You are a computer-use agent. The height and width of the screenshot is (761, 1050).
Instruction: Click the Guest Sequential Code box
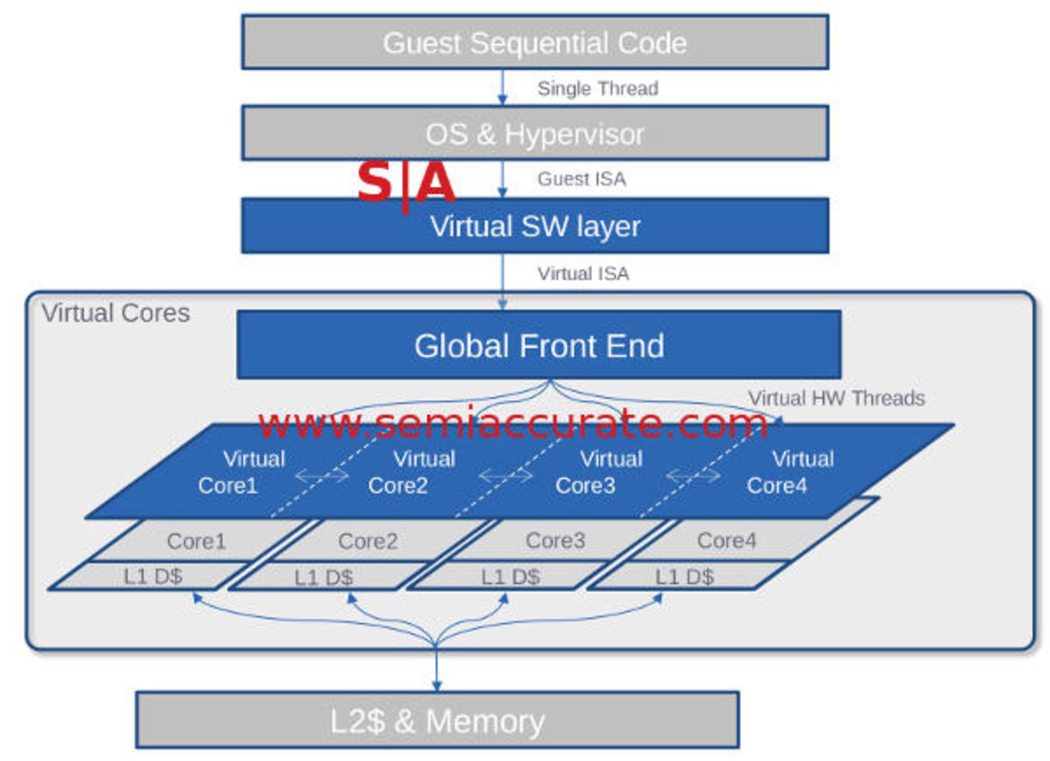tap(535, 42)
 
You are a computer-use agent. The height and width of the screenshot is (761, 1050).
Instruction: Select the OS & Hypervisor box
tap(535, 133)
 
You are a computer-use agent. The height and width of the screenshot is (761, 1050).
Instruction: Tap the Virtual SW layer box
tap(535, 226)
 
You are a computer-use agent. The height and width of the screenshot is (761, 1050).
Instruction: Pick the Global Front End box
tap(539, 345)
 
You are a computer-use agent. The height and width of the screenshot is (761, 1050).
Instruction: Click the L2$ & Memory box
tap(437, 720)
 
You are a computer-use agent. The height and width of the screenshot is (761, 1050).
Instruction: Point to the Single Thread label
tap(597, 89)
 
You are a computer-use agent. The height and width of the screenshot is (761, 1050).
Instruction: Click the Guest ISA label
tap(582, 179)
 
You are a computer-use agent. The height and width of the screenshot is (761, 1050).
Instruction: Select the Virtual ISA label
tap(583, 274)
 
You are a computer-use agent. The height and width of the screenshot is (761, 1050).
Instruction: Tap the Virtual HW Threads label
tap(836, 399)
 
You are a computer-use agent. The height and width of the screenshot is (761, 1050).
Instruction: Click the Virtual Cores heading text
tap(116, 313)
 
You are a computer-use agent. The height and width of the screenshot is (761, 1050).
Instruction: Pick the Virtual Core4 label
tap(789, 472)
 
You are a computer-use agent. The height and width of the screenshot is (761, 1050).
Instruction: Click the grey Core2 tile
tap(368, 541)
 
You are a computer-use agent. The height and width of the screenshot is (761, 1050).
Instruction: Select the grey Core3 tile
tap(555, 541)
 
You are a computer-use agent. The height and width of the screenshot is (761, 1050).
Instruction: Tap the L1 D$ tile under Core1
tap(153, 576)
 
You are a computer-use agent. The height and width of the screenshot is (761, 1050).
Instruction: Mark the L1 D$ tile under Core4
tap(684, 576)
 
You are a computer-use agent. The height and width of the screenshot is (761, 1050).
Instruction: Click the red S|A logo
tap(405, 184)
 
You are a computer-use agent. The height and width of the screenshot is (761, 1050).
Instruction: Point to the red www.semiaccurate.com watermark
tap(513, 424)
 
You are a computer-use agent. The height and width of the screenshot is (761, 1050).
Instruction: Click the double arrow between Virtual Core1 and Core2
tap(322, 476)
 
